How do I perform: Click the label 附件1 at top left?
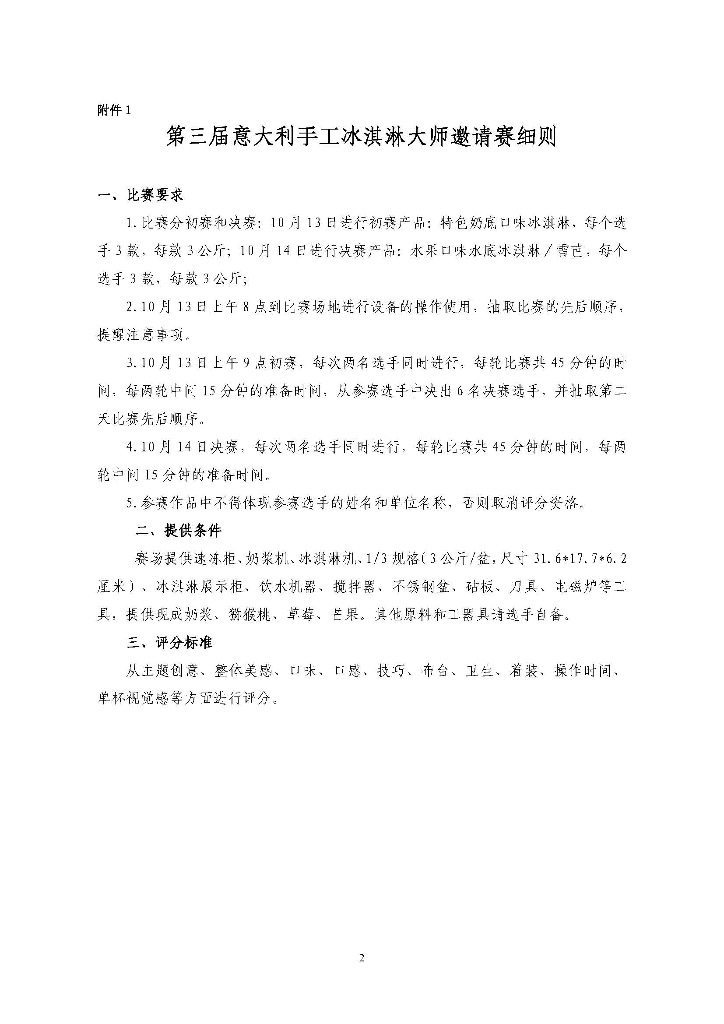[114, 110]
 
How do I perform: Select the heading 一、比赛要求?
[141, 195]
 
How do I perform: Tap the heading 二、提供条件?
[179, 531]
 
